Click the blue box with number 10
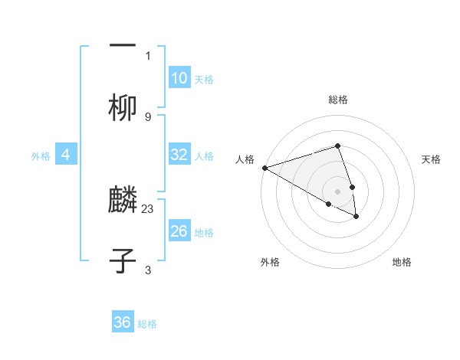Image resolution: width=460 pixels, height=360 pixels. coord(179,78)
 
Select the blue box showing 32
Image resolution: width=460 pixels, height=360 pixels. coord(179,155)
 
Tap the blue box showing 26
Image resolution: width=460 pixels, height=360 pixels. coord(179,231)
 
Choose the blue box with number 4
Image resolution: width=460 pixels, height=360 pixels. coord(66,155)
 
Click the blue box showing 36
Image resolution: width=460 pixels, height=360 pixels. coord(123,322)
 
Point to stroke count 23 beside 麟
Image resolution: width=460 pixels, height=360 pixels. coord(148,208)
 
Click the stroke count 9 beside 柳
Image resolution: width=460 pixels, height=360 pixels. coord(147,116)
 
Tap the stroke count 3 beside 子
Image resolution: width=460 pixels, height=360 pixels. coord(147,270)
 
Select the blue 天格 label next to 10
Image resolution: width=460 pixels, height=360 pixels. coord(204,80)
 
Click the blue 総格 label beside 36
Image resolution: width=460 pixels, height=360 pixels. coord(147,324)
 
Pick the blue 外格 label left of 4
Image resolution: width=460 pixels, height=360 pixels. coord(41,156)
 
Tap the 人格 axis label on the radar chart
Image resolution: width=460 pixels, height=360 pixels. coord(245,159)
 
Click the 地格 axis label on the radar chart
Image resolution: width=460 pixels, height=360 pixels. coord(402,262)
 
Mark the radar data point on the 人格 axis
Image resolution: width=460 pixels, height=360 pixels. coord(264,168)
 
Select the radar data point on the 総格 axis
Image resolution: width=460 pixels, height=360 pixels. coord(337,146)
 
